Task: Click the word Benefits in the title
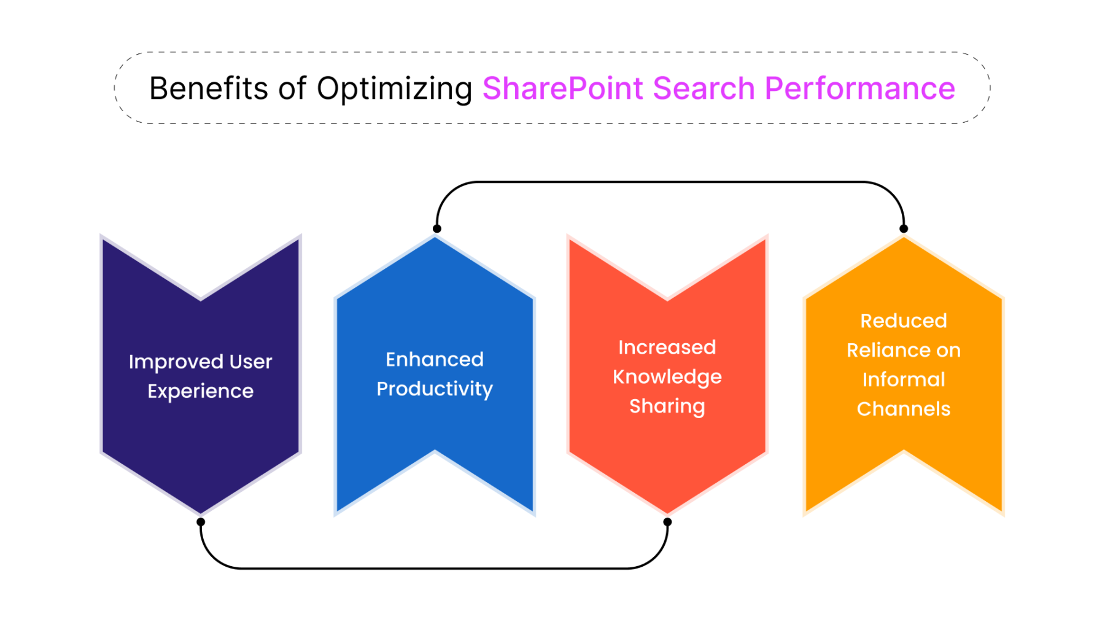(209, 88)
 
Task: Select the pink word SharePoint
(563, 88)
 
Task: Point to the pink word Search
(704, 88)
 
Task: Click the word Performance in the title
(859, 88)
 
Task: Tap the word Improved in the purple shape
(176, 362)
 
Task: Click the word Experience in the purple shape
(200, 392)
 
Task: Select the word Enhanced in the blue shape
(435, 359)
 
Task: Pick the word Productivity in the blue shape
(435, 389)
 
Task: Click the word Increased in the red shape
(667, 348)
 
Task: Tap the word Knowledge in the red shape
(667, 377)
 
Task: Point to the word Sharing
(667, 406)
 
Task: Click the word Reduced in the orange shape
(903, 321)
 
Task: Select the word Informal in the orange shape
(903, 379)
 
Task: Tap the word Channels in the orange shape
(903, 409)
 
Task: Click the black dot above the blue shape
(436, 228)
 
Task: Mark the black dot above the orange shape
(903, 228)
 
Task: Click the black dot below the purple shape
(201, 522)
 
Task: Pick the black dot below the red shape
(667, 522)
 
